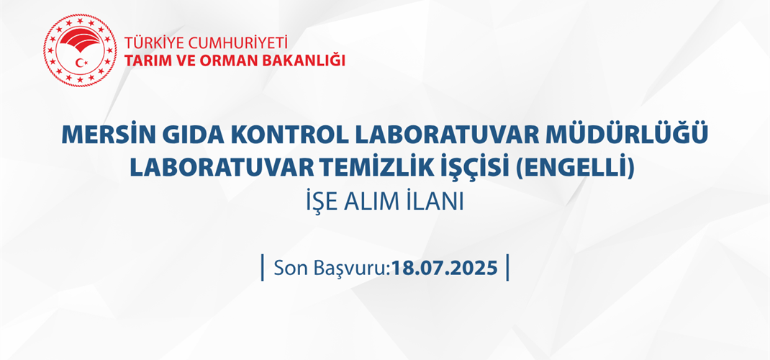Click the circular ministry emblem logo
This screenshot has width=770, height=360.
tap(79, 50)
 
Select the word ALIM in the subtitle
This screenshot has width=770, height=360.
tap(382, 202)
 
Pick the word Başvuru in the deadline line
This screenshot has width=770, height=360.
tap(351, 269)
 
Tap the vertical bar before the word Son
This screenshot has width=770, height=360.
tap(263, 267)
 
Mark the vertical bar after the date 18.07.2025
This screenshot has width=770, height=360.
tap(508, 267)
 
